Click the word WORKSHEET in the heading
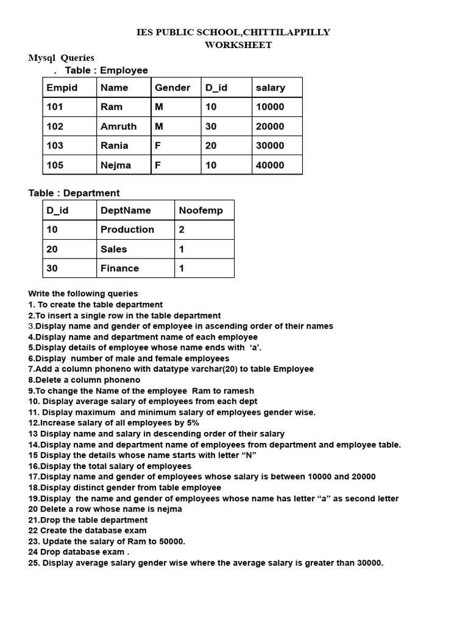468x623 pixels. point(238,45)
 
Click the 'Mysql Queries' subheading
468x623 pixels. point(61,58)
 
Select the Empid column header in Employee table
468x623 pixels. point(62,88)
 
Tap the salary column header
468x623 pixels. point(271,88)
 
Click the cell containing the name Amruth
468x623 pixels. point(119,127)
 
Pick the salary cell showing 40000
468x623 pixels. point(270,165)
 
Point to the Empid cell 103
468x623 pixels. point(55,145)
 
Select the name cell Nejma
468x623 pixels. point(116,165)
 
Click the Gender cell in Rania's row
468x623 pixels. point(158,145)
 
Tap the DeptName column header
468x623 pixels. point(126,211)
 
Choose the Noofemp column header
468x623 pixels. point(201,211)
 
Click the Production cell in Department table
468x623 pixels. point(127,229)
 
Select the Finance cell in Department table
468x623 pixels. point(119,268)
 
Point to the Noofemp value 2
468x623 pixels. point(182,229)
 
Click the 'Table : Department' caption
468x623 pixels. point(74,193)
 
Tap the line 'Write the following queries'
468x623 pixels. point(83,294)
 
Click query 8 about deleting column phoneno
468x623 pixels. point(84,380)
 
